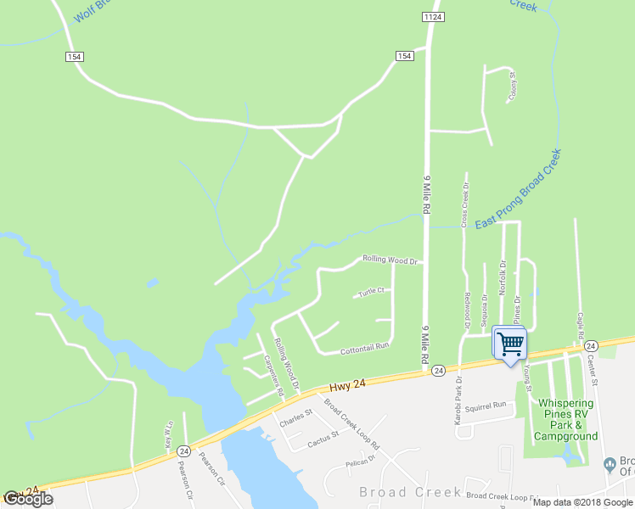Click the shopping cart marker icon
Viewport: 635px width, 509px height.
click(x=509, y=344)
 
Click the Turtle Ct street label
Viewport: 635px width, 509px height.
click(x=372, y=291)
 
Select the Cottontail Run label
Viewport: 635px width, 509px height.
click(x=364, y=346)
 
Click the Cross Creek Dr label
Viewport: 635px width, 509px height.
click(x=464, y=204)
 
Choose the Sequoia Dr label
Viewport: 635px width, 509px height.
click(x=485, y=310)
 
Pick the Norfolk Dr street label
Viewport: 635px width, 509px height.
click(x=502, y=277)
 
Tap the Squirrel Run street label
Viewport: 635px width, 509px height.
click(x=486, y=405)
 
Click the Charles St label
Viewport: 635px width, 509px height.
click(x=297, y=417)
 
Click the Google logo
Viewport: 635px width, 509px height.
click(x=28, y=499)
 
